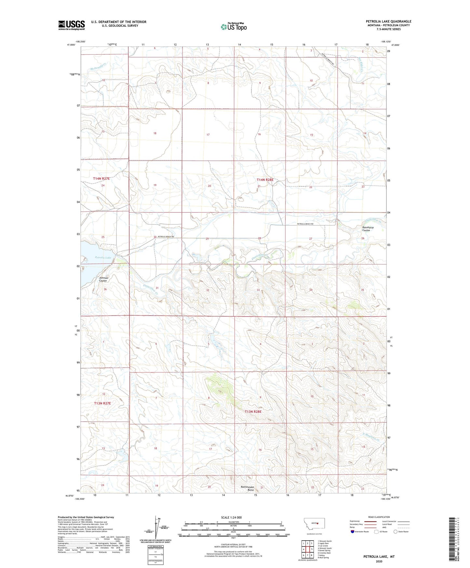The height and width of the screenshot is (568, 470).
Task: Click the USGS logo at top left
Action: point(72,25)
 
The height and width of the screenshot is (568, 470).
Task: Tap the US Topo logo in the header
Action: point(234,27)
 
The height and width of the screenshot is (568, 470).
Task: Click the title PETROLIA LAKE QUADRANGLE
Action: point(388,21)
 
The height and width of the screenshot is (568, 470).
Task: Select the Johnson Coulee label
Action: point(104,279)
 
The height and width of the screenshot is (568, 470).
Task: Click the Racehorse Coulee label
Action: point(366,229)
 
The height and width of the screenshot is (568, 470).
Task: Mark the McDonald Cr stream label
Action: point(98,66)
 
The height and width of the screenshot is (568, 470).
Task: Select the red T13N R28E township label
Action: point(253,412)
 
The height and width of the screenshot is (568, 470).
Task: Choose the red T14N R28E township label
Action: point(265,180)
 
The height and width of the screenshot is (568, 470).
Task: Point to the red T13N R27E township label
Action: point(102,403)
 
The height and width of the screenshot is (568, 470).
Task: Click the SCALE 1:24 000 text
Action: point(231,517)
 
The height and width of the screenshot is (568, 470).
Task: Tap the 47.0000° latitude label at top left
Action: point(70,45)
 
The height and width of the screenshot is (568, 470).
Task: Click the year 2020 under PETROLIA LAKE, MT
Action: point(379,561)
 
